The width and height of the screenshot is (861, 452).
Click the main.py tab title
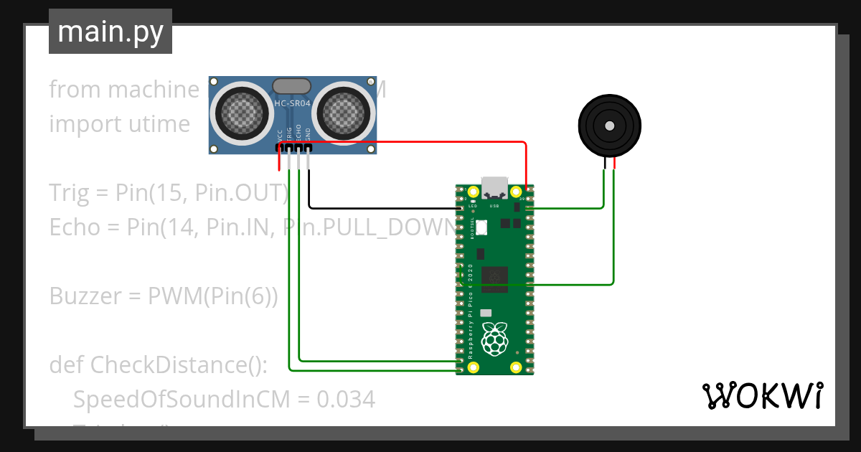pos(110,32)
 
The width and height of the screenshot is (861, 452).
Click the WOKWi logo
pos(761,395)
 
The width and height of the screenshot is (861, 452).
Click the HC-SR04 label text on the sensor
pos(292,104)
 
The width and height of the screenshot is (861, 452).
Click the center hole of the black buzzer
pos(609,126)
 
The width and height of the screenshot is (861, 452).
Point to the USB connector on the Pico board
pos(494,187)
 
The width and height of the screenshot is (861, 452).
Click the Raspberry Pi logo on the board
pos(494,339)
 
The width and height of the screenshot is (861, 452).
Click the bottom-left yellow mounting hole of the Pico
pos(474,367)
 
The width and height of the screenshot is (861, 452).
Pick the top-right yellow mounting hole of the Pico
pos(516,192)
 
